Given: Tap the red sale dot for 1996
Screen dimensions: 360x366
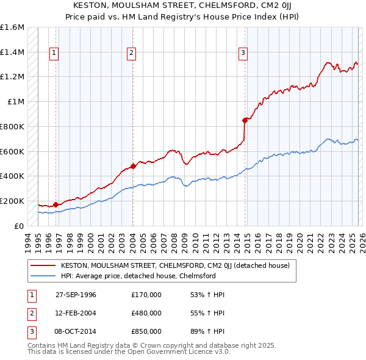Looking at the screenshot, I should click(x=56, y=204).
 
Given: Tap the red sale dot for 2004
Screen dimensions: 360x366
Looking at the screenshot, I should click(x=133, y=166).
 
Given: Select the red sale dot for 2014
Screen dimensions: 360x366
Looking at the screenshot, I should click(x=245, y=120).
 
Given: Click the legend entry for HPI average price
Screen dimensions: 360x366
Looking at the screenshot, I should click(x=138, y=276).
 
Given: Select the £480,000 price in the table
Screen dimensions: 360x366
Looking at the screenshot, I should click(x=146, y=313).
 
